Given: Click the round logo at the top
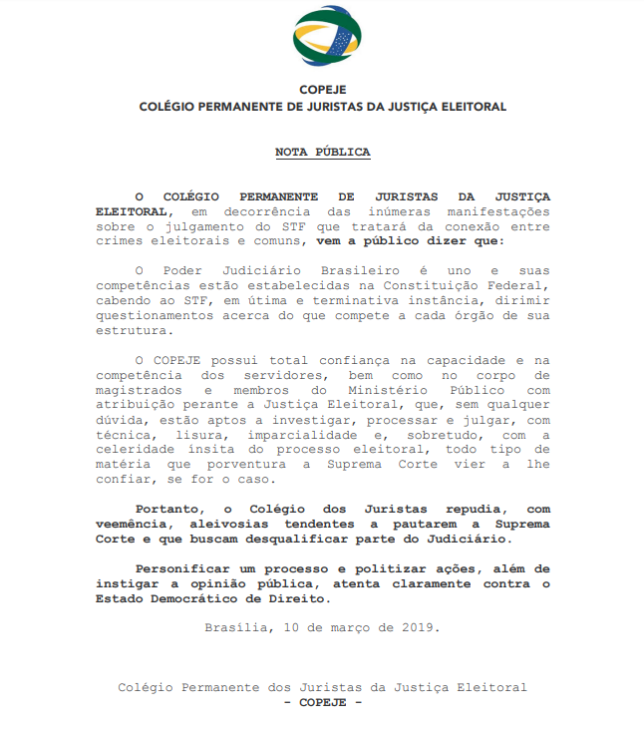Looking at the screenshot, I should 321,38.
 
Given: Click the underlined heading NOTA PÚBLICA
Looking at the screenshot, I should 322,153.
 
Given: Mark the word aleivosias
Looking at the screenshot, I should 221,525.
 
